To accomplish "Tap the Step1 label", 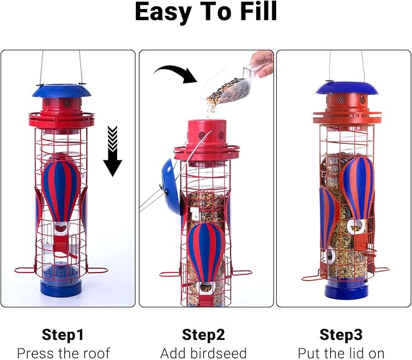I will click(63, 335).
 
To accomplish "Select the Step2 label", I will click(203, 335).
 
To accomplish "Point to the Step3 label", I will click(341, 335).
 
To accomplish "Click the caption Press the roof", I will click(63, 353).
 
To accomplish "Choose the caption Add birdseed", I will click(203, 353).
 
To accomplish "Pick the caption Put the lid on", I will click(341, 353).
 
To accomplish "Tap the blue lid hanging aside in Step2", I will click(172, 186).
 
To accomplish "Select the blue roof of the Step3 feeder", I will click(346, 88).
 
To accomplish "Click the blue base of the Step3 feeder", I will click(346, 291).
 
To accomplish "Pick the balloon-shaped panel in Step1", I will click(61, 191).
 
